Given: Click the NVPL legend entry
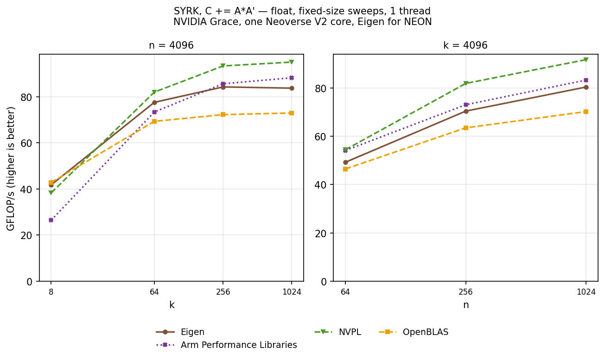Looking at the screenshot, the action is (x=338, y=332).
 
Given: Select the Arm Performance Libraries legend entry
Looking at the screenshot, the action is (x=226, y=345).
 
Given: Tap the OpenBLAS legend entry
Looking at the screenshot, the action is (x=414, y=332).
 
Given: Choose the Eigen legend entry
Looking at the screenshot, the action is (x=180, y=332).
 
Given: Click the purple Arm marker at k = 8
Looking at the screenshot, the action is (x=51, y=220).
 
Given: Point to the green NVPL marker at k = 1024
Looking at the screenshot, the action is (x=292, y=62).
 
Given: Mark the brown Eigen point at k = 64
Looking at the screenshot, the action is (x=154, y=102).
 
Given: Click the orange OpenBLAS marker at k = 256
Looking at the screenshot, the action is (x=223, y=115).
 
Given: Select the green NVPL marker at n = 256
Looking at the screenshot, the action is (x=465, y=83).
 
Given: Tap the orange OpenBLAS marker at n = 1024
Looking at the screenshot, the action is (x=586, y=112).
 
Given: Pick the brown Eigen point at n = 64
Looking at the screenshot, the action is (x=345, y=163).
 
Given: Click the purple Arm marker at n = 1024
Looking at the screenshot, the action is (x=586, y=80).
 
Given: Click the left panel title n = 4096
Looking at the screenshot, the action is (x=171, y=45).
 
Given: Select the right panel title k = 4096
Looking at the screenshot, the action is (x=465, y=45).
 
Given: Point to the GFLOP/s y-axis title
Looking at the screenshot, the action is (x=11, y=169).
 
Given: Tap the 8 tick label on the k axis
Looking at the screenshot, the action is (x=51, y=292).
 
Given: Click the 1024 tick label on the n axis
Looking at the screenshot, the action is (x=586, y=292).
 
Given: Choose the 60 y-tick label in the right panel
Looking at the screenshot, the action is (x=321, y=137).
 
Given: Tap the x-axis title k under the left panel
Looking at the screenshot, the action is (x=172, y=305).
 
